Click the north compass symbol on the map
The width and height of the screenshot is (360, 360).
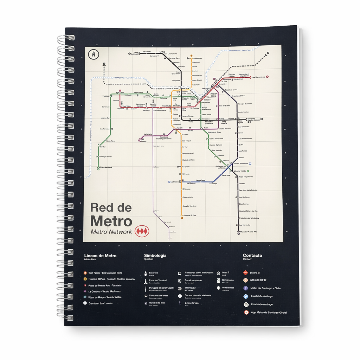94,54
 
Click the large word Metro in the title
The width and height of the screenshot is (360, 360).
111,221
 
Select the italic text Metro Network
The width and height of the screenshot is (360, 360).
111,232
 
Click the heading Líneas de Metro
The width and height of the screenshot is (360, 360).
100,256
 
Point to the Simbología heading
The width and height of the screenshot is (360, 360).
155,256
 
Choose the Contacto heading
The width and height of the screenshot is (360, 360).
252,256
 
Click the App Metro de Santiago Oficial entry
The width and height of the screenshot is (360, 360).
269,313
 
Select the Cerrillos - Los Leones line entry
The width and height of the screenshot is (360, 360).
101,303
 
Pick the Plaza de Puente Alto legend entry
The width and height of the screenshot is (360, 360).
105,285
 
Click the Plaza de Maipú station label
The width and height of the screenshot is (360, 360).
105,167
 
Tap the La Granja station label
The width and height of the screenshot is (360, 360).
213,184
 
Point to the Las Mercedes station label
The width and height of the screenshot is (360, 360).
244,225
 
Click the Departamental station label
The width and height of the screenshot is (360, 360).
188,153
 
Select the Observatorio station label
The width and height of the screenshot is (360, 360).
188,197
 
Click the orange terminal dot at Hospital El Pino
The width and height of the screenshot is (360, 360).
182,218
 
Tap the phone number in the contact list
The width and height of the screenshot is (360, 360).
258,280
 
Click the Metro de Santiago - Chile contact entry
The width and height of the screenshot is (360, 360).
265,288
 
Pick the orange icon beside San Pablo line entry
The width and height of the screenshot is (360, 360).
85,273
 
